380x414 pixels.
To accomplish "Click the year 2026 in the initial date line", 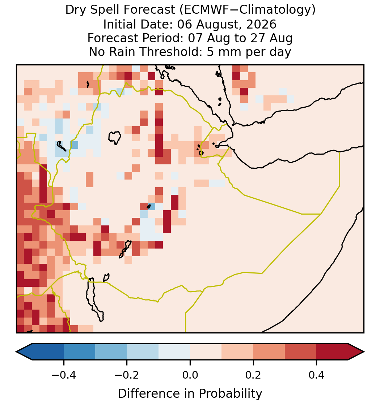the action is click(x=261, y=24).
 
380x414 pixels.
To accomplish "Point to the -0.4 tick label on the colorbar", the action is click(x=64, y=375).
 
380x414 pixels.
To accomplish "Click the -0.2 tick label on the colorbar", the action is click(x=127, y=375).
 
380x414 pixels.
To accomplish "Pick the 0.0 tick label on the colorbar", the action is click(x=190, y=375).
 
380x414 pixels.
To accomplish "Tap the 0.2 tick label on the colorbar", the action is click(x=253, y=375).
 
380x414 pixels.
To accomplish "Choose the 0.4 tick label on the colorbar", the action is click(x=317, y=375).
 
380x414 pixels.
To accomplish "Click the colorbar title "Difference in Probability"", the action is click(x=190, y=394).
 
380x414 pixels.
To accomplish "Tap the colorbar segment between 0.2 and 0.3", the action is click(x=269, y=352).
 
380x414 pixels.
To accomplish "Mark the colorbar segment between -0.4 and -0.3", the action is click(x=79, y=352).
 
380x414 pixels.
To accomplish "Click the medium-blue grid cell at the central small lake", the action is click(x=152, y=206).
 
